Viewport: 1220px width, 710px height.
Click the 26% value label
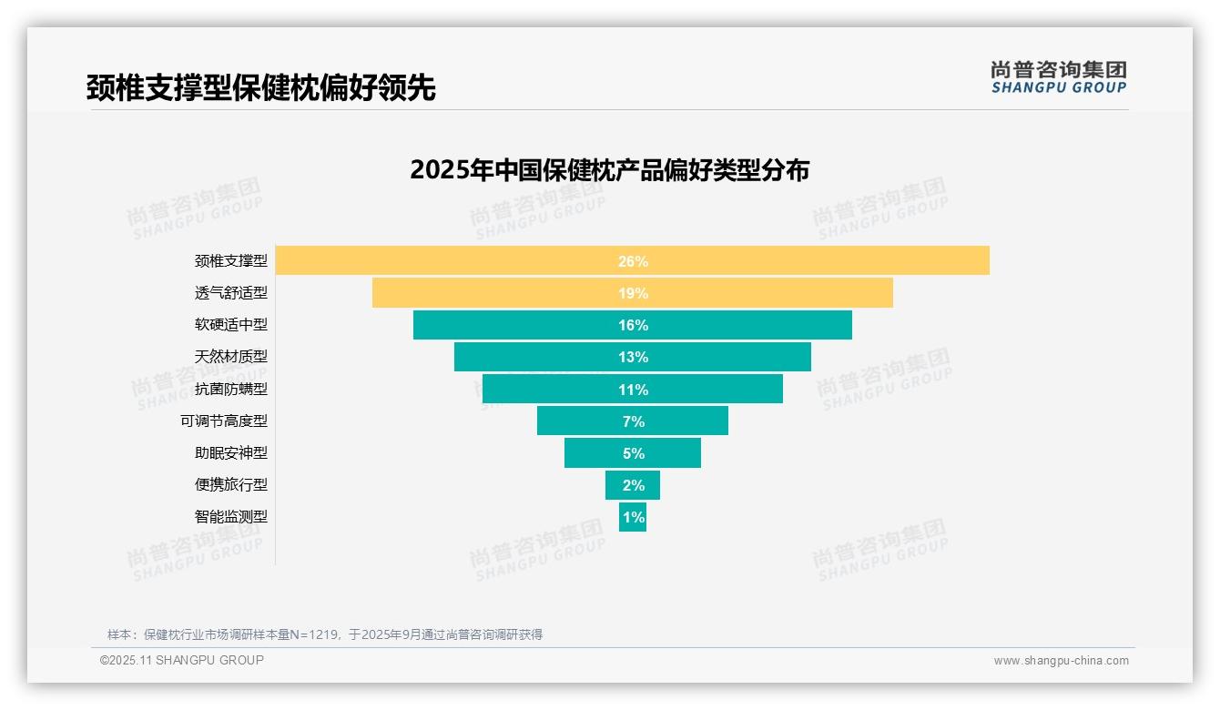(x=633, y=261)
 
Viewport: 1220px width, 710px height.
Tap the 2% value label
(x=633, y=485)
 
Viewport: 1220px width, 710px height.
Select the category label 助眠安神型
(x=231, y=452)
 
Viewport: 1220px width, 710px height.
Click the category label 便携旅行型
(x=231, y=484)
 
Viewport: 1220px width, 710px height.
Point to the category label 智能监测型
(x=231, y=516)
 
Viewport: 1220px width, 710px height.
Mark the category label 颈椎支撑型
(x=231, y=260)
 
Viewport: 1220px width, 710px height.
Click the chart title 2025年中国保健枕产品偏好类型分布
(x=609, y=170)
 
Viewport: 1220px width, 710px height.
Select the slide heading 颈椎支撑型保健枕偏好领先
(x=261, y=87)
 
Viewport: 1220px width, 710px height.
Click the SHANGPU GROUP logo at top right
(x=1059, y=77)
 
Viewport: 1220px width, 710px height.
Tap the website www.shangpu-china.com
(x=1061, y=661)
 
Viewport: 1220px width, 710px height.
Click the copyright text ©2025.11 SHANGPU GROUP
(x=182, y=660)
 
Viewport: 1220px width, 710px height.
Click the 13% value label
(x=633, y=357)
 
